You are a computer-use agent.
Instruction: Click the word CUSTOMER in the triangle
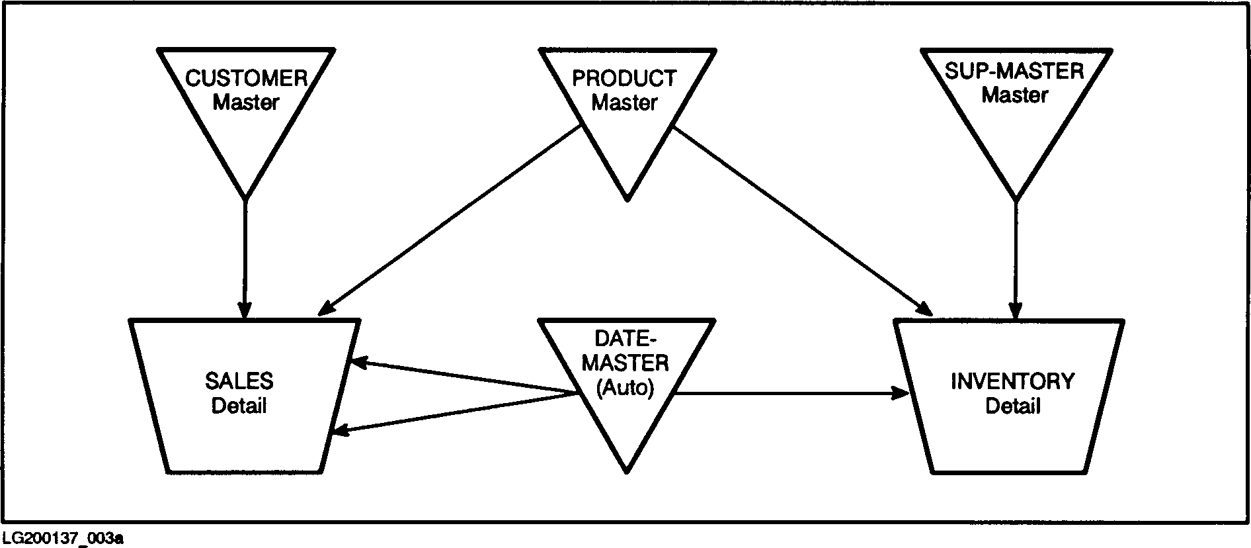[246, 79]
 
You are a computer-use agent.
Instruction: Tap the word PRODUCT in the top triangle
[624, 79]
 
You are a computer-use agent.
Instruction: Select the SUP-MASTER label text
[1014, 71]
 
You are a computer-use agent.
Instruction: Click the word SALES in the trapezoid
[239, 381]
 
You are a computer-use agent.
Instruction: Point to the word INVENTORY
[1012, 382]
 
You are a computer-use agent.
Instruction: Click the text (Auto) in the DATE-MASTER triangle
[625, 388]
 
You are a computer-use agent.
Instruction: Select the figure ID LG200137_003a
[62, 538]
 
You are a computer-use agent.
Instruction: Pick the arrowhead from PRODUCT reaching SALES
[325, 309]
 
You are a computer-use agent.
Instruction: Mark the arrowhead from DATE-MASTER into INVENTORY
[901, 393]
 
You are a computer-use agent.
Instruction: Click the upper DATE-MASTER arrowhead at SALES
[359, 363]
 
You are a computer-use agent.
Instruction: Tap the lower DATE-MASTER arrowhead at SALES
[341, 432]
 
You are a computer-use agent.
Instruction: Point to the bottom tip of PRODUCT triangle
[627, 199]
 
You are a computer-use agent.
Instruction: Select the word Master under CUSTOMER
[245, 103]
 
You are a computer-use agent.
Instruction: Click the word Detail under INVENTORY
[1012, 406]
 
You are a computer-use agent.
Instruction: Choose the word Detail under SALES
[239, 405]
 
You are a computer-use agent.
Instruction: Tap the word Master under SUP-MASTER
[1014, 95]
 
